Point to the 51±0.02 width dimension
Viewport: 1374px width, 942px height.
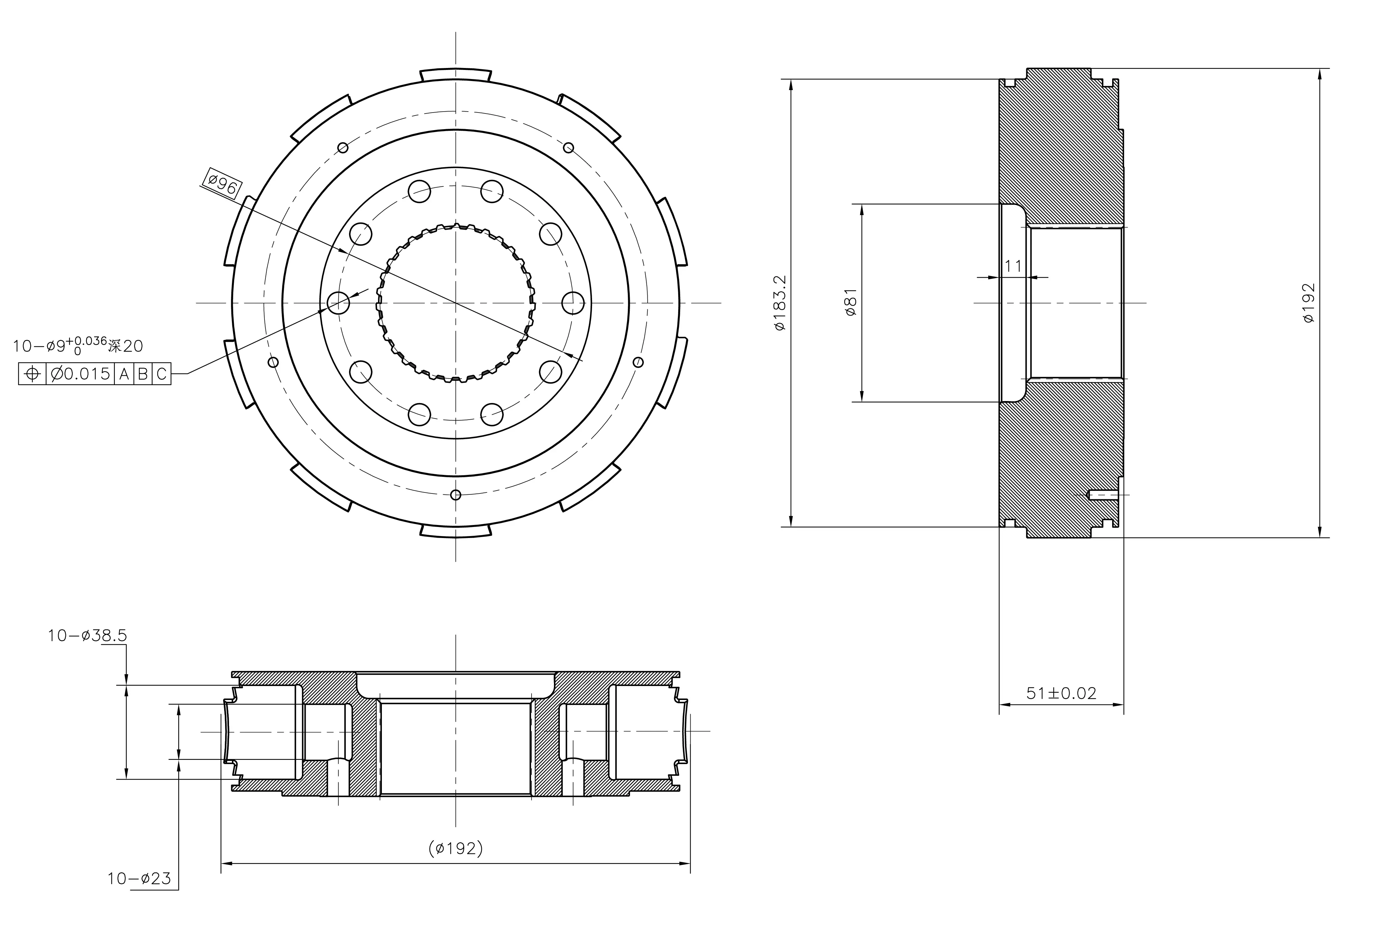click(x=1061, y=693)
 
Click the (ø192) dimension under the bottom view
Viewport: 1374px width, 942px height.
click(x=455, y=849)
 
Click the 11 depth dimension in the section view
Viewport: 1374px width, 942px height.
click(x=1013, y=266)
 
